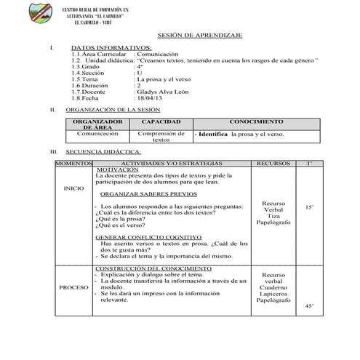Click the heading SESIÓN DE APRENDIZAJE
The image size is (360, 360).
(199, 35)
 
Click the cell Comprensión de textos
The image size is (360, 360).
(161, 137)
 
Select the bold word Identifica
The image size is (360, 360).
(212, 135)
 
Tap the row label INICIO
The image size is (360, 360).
(73, 190)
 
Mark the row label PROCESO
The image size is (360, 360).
(74, 287)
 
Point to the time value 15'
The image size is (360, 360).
(309, 207)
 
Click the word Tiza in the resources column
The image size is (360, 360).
(273, 216)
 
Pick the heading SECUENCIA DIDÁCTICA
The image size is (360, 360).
(103, 152)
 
